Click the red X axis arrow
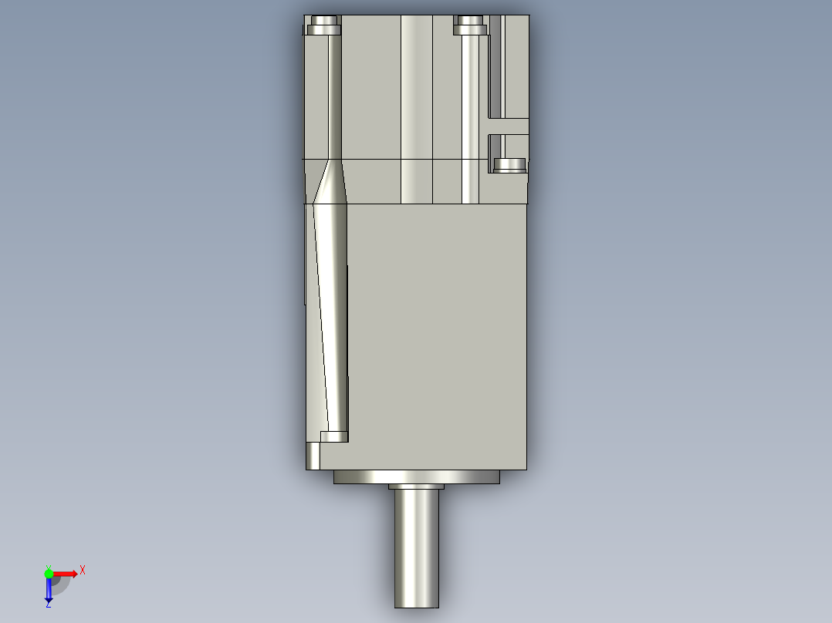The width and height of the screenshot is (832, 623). point(66,574)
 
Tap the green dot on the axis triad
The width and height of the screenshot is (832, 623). point(49,573)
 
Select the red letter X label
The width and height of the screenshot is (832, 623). point(83,570)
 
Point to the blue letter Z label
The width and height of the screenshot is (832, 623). point(48,605)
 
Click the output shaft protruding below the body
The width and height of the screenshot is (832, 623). point(417,547)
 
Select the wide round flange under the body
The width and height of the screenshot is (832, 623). point(417,477)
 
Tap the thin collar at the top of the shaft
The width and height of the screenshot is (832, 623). point(417,487)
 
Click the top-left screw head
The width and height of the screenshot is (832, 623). point(324,30)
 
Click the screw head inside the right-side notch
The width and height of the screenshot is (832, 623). point(509,165)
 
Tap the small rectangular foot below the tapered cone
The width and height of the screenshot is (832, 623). point(334,436)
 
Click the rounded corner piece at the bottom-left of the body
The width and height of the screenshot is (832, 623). point(313,456)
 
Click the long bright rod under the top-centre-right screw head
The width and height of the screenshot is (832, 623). point(470,116)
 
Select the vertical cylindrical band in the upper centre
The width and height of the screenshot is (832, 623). point(417,108)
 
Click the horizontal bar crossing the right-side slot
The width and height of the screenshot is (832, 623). point(509,126)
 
